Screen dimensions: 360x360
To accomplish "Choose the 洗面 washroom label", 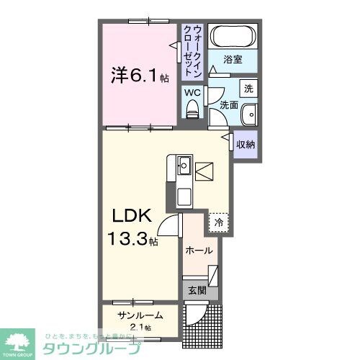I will tap(228, 105).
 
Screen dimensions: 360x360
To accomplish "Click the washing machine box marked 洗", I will tap(248, 90).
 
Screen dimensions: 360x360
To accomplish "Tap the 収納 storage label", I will tap(246, 145).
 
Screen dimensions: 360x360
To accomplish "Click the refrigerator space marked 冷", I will tap(218, 222).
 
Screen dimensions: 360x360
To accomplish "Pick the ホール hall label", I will tap(199, 251).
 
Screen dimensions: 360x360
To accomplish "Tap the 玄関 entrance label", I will tap(197, 291).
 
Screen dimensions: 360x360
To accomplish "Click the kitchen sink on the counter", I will tap(184, 165).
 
